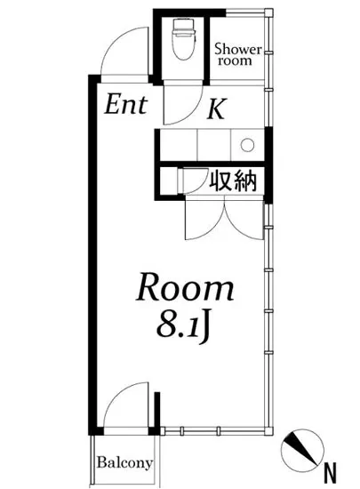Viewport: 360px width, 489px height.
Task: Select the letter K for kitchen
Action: pyautogui.click(x=216, y=109)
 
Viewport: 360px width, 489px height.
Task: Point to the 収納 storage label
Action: pyautogui.click(x=233, y=181)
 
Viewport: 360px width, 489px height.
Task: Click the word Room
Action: pyautogui.click(x=185, y=288)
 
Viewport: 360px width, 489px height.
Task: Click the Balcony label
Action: pyautogui.click(x=124, y=463)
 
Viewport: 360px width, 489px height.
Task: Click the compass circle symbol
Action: pyautogui.click(x=301, y=447)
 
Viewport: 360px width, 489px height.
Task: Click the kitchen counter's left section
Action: pyautogui.click(x=177, y=144)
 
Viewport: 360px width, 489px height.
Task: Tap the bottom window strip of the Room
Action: pyautogui.click(x=213, y=429)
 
